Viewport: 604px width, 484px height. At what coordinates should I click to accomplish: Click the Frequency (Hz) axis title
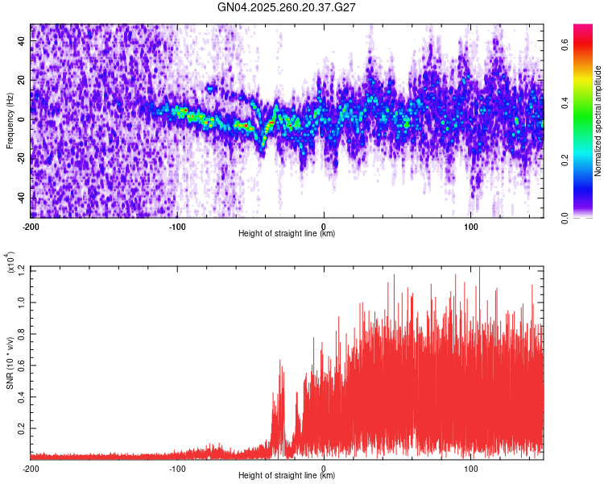coord(10,120)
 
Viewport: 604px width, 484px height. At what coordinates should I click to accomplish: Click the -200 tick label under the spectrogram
coord(31,227)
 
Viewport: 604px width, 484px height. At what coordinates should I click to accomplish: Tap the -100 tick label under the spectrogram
coord(177,227)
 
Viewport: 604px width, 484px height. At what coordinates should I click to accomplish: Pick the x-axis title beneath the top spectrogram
coord(287,235)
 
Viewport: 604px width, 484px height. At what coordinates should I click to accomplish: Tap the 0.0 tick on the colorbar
coord(565,217)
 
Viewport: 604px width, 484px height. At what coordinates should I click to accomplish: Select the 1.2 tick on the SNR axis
coord(21,269)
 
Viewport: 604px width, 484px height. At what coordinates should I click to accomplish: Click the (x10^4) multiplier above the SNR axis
coord(10,263)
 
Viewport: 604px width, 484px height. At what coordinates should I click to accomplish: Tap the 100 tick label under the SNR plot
coord(470,469)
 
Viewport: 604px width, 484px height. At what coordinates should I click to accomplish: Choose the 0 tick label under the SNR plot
coord(324,469)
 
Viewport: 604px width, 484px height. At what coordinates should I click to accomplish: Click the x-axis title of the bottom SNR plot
coord(287,477)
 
